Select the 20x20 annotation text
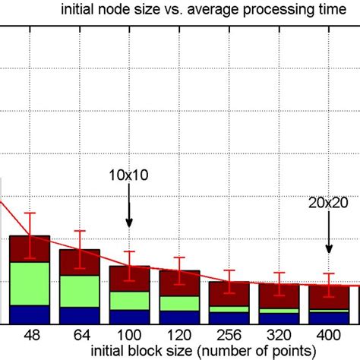coord(329,203)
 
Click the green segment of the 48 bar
coord(30,283)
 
